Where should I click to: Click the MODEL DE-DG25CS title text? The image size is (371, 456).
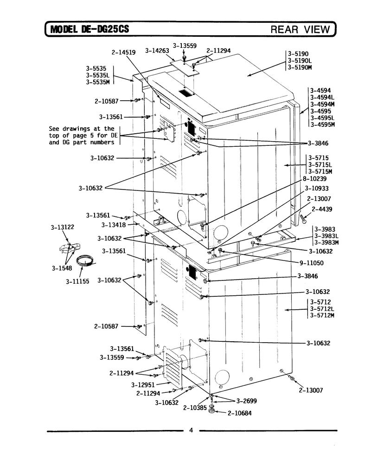90,29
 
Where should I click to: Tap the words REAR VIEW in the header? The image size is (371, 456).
301,29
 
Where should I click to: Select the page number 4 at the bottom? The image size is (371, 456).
191,430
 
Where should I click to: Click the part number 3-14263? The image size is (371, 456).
157,51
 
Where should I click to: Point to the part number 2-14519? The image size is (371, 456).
123,52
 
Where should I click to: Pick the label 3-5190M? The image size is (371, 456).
300,67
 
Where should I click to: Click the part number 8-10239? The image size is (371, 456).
314,179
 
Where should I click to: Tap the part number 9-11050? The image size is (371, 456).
312,263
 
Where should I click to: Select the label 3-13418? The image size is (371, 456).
114,225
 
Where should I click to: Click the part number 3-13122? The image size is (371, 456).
63,227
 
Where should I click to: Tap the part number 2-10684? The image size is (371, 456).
240,413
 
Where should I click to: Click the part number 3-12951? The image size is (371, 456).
143,385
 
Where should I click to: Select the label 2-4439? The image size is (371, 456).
322,209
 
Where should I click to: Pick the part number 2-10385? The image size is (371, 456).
195,408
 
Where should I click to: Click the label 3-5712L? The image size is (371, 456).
322,308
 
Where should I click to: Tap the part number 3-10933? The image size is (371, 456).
317,189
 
